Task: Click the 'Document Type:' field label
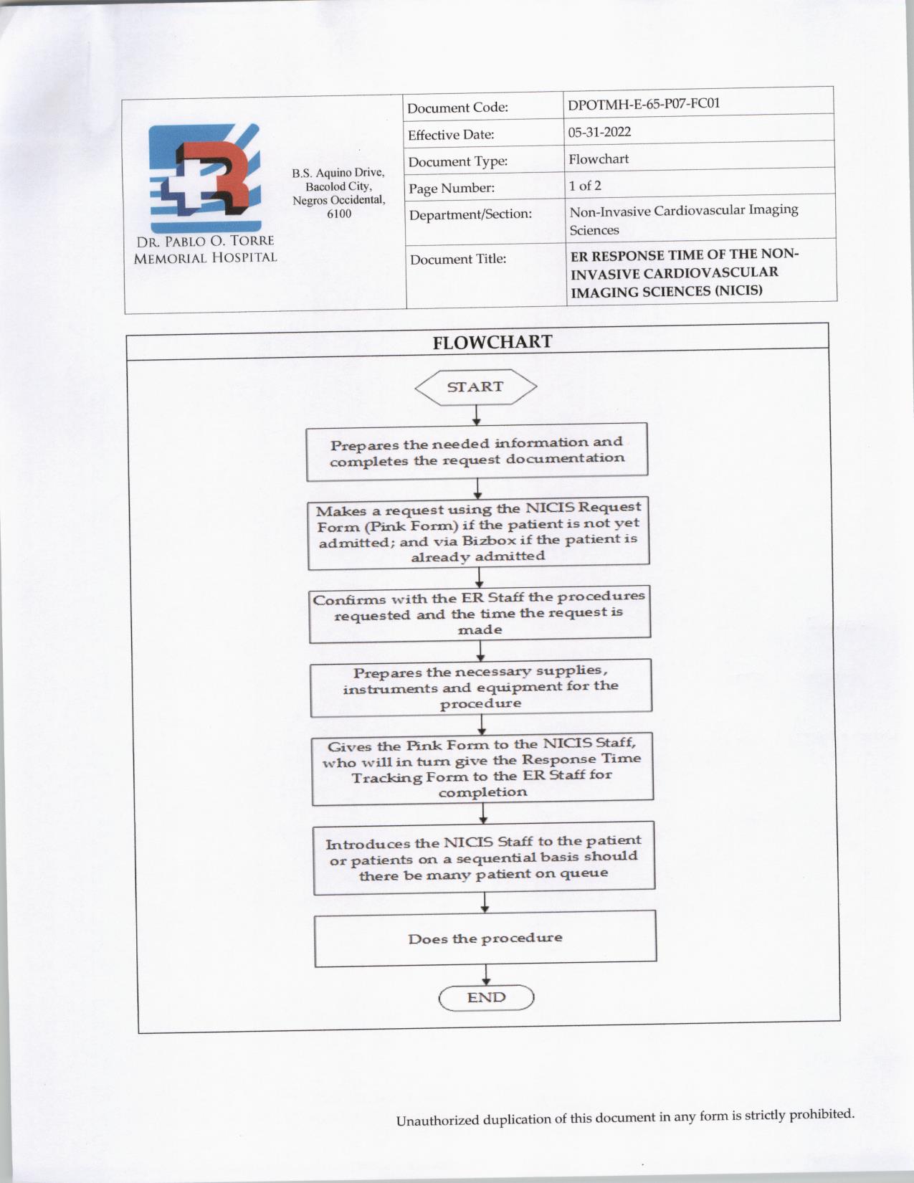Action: (x=458, y=161)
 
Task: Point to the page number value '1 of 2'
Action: (x=585, y=186)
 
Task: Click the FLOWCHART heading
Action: (x=492, y=342)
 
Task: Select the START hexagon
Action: (x=475, y=387)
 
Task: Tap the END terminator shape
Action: (x=487, y=997)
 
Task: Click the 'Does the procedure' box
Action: (x=485, y=939)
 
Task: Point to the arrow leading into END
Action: (x=487, y=975)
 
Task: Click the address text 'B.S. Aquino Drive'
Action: (x=338, y=173)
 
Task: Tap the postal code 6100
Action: (x=339, y=214)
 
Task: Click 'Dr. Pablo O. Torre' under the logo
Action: (x=205, y=240)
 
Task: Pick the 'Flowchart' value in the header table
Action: (x=599, y=158)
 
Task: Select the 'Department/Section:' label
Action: (x=470, y=214)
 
